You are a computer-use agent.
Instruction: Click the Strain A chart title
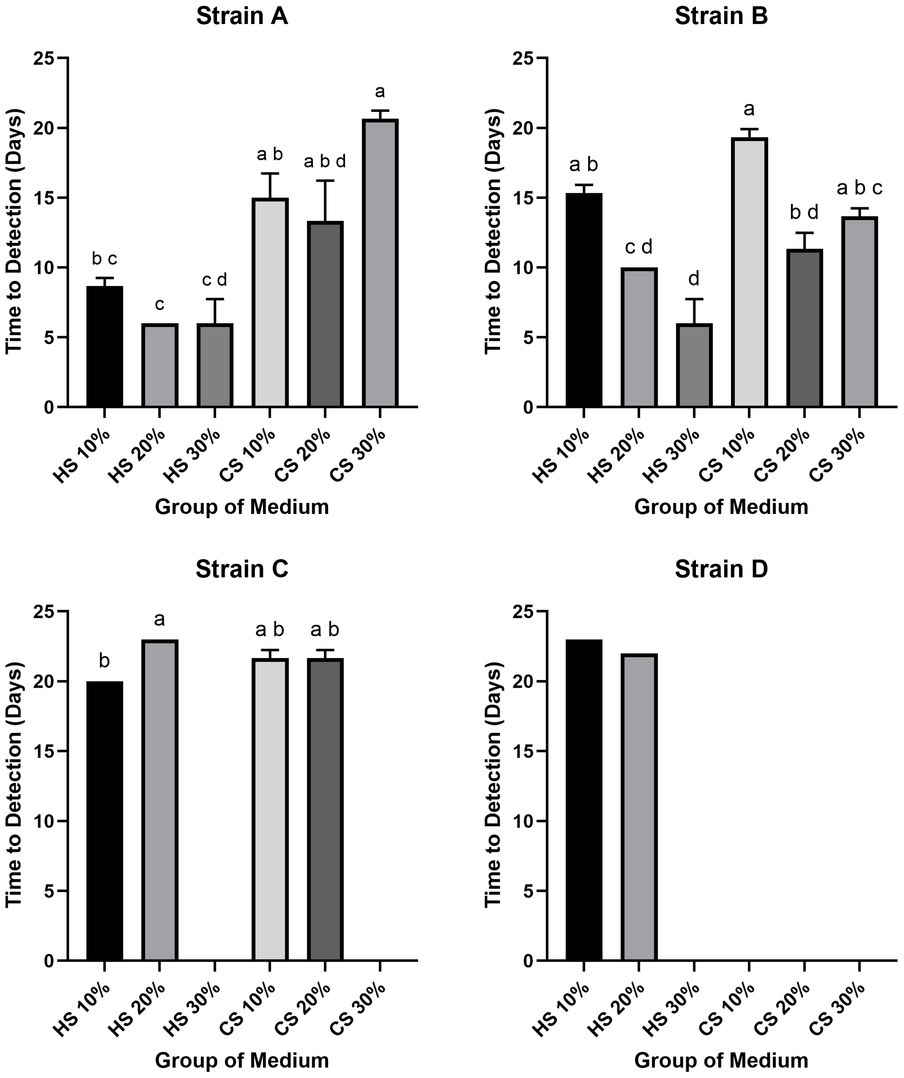[242, 16]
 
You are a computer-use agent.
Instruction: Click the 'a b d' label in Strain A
[324, 162]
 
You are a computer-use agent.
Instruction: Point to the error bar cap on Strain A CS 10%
[270, 174]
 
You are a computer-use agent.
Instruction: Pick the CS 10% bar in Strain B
[749, 272]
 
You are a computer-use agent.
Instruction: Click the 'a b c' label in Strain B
[859, 188]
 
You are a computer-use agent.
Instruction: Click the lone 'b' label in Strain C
[104, 661]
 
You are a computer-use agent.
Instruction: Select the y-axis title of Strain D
[493, 786]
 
